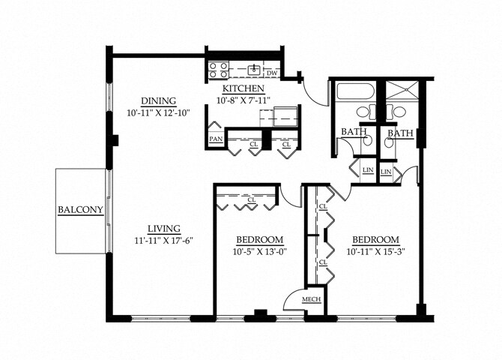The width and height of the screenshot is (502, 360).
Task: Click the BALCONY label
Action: click(80, 210)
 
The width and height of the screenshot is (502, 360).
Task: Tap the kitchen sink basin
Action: click(255, 69)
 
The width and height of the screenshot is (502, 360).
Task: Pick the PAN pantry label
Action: click(216, 139)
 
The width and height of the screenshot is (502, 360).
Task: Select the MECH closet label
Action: click(311, 300)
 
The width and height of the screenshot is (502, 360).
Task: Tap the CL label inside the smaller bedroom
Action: click(252, 200)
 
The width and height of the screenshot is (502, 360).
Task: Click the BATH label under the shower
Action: click(399, 133)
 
